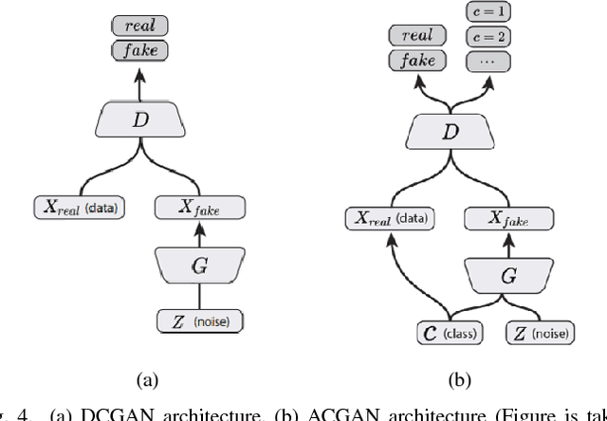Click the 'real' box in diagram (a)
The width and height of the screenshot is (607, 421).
pyautogui.click(x=136, y=25)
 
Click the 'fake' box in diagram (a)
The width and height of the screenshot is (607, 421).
pyautogui.click(x=136, y=49)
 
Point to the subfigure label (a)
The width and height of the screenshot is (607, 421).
pyautogui.click(x=147, y=379)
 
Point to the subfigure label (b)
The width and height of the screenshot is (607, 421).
pyautogui.click(x=460, y=379)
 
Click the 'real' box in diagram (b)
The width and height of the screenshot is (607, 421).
pyautogui.click(x=417, y=36)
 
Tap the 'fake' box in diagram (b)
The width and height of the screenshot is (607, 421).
pyautogui.click(x=417, y=61)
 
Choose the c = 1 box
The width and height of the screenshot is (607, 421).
pyautogui.click(x=488, y=12)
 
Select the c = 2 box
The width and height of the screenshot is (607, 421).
pyautogui.click(x=488, y=37)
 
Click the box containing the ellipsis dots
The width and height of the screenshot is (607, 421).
pyautogui.click(x=488, y=62)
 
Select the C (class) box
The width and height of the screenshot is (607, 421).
pyautogui.click(x=450, y=333)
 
